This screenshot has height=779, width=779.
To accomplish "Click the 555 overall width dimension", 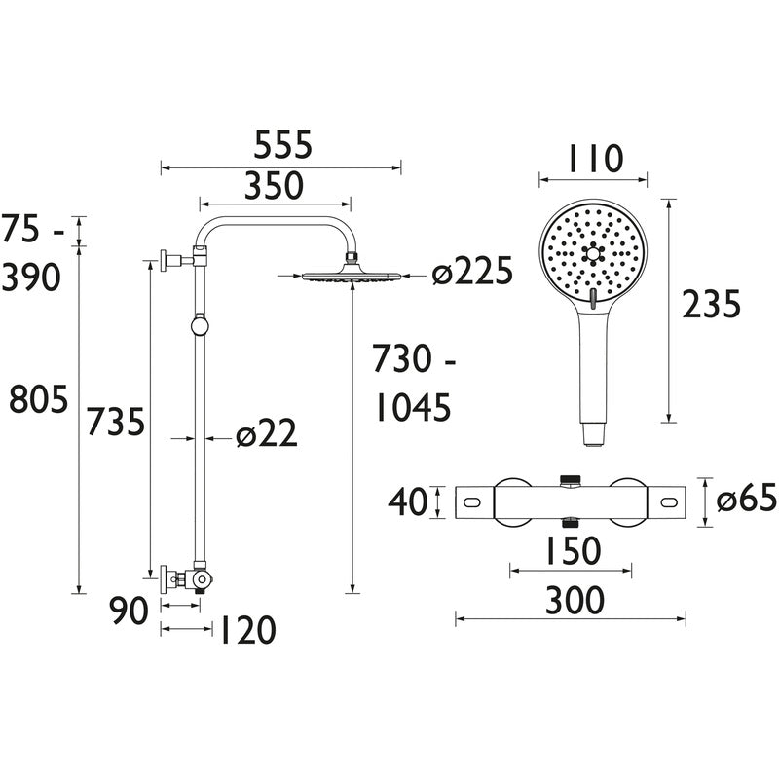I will click(283, 145).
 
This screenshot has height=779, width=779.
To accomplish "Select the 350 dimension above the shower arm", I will click(274, 184).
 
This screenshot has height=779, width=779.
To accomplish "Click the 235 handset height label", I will click(711, 305).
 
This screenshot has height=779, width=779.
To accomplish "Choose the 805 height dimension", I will click(38, 399).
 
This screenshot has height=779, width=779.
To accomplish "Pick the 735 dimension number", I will click(116, 422).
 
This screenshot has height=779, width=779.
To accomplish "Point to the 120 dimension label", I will click(243, 631).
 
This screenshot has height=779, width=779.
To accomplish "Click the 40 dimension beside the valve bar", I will click(409, 502).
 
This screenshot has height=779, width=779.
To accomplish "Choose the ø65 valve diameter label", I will click(747, 500).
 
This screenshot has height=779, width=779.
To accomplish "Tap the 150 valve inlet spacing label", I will click(570, 551).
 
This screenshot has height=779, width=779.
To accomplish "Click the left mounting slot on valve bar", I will click(473, 502).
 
